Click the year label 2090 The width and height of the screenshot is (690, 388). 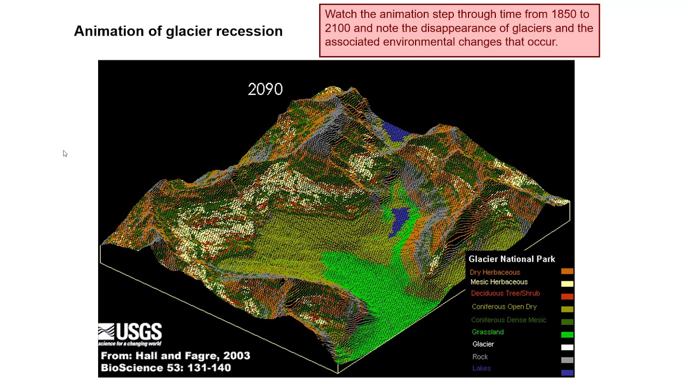265,89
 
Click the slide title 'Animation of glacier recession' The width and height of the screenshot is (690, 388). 178,31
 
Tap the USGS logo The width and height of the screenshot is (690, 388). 130,334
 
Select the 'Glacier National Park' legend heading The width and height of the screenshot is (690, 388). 512,259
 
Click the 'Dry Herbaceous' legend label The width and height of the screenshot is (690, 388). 494,273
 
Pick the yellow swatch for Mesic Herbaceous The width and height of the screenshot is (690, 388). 567,284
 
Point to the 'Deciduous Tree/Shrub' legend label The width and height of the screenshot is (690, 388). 505,294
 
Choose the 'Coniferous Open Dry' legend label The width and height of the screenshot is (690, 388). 504,307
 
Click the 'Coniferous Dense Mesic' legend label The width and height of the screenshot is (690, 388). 508,320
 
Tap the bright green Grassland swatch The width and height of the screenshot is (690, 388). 567,335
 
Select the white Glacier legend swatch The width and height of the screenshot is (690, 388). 567,348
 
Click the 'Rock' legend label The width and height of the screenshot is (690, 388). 480,357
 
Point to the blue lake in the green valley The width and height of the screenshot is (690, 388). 399,219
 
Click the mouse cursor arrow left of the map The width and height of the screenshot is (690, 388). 65,154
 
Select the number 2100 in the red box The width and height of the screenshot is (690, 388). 337,28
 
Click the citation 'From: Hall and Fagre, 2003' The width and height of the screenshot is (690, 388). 175,356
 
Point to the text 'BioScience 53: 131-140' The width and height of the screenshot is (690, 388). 166,368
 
